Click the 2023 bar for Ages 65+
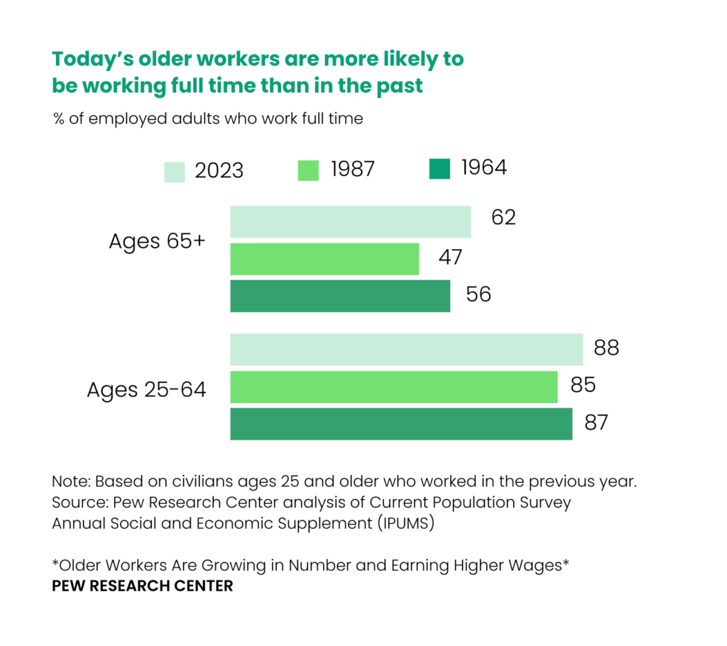point(350,222)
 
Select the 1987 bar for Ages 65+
point(324,259)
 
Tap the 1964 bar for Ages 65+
point(340,296)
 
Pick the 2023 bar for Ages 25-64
point(406,350)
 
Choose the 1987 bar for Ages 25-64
point(393,387)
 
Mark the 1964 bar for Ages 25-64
point(401,424)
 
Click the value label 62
point(503,217)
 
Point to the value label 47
point(450,257)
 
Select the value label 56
point(479,294)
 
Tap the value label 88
point(606,348)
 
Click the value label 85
point(582,385)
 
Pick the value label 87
point(596,422)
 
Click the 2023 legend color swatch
point(175,172)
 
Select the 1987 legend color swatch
point(308,170)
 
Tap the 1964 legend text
point(484,168)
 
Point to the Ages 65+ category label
point(157,241)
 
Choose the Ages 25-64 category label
point(147,390)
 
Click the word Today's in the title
point(93,59)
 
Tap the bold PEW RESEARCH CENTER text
point(143,587)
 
